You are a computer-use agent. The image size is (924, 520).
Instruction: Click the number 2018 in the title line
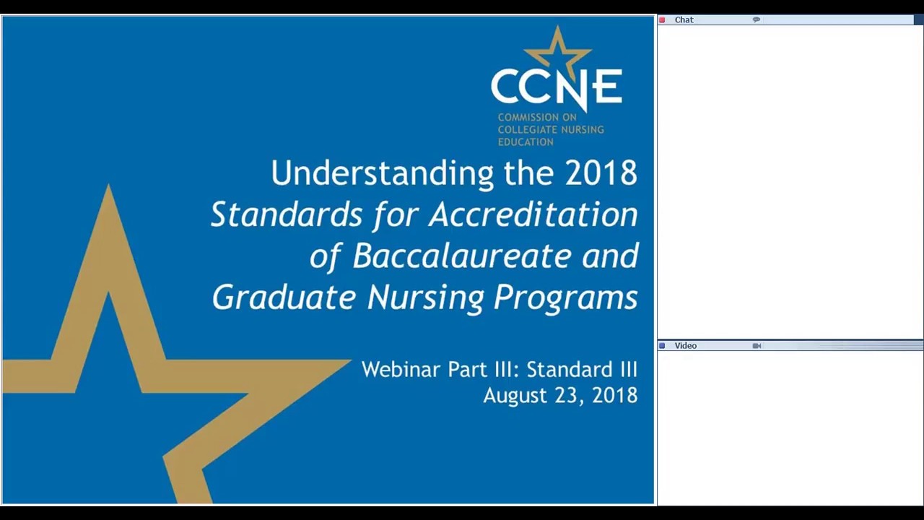tap(601, 174)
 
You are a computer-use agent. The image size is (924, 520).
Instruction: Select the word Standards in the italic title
tap(287, 215)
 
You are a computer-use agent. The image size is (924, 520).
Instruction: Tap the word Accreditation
tap(533, 215)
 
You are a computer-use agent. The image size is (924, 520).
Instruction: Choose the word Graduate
tap(284, 298)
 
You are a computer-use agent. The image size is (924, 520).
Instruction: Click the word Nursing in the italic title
tap(425, 298)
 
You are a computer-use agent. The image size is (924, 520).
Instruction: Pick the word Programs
tap(566, 298)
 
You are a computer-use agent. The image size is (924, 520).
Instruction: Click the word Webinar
tap(401, 370)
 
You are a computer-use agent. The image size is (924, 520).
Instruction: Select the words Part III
tap(483, 370)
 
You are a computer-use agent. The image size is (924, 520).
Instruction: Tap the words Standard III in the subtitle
tap(581, 370)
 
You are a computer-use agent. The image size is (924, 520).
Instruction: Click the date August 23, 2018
tap(560, 396)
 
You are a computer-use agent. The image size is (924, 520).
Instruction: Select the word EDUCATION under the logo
tap(526, 142)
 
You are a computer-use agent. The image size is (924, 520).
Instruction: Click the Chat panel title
tap(684, 19)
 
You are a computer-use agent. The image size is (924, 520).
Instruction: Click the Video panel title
tap(685, 346)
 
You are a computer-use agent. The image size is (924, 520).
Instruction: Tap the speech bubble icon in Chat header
tap(756, 19)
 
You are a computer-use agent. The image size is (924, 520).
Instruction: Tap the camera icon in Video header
tap(756, 346)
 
